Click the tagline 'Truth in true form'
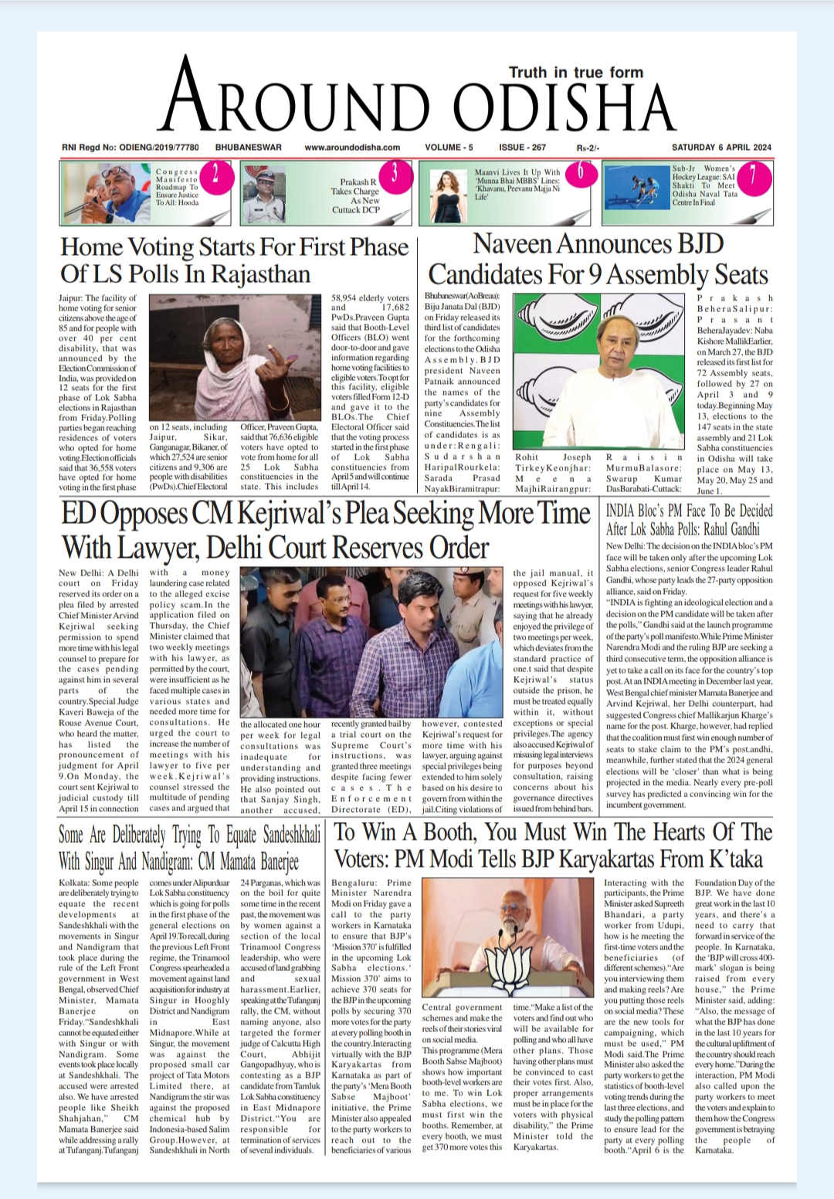point(575,73)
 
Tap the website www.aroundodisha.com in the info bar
point(352,148)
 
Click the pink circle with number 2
point(216,175)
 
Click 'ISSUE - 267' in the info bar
point(522,148)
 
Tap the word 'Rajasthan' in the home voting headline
point(261,274)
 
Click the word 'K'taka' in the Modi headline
point(725,859)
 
